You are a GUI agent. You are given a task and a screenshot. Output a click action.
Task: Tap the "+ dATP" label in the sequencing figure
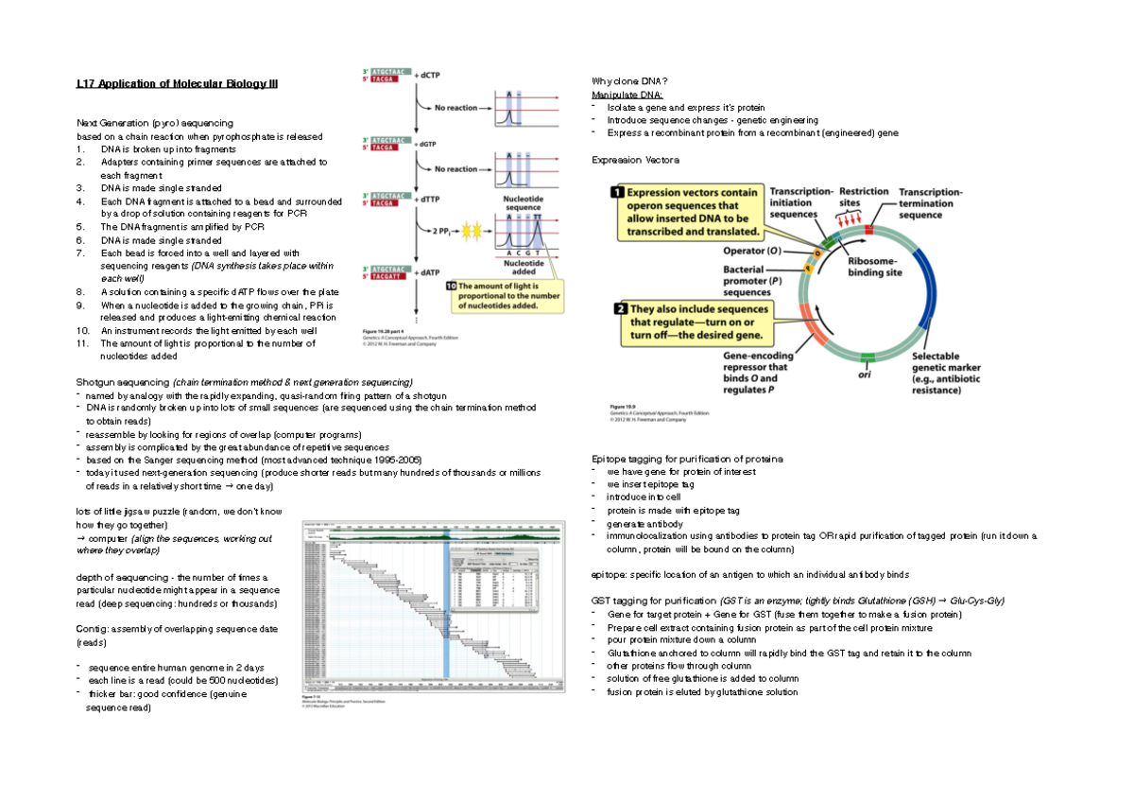[x=429, y=271]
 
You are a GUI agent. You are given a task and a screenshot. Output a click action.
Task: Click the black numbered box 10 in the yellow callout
[x=451, y=285]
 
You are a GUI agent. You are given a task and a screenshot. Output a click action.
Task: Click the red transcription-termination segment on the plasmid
[x=869, y=230]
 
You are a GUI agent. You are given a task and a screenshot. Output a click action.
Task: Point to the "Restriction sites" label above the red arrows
[x=864, y=197]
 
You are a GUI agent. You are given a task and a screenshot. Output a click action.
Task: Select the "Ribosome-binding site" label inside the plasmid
[x=875, y=266]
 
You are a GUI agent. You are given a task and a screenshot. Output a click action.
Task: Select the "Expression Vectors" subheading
[x=628, y=161]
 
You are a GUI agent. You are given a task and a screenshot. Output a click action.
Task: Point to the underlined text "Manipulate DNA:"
[x=627, y=96]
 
